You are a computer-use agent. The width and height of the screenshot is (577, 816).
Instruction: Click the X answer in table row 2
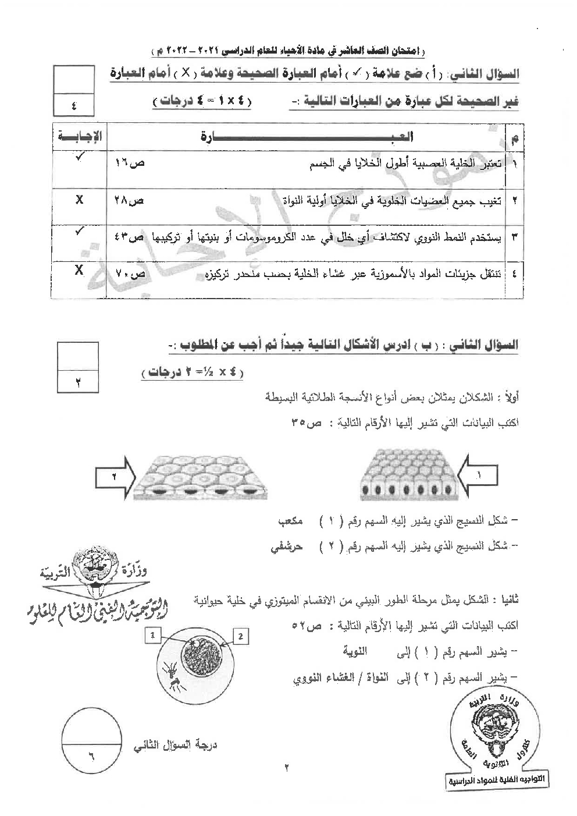(79, 200)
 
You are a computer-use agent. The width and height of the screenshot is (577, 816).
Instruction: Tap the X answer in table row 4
(79, 270)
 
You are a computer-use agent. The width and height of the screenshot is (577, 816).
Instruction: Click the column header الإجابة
(80, 137)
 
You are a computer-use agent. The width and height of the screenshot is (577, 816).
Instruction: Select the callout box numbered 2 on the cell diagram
(240, 636)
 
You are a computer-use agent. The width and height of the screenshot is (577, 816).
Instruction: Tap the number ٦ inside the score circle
(91, 756)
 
